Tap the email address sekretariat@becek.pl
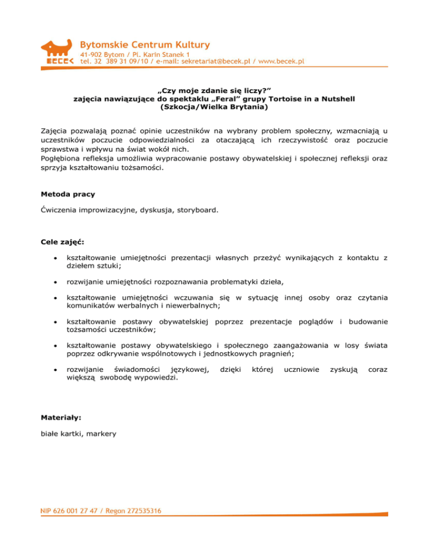coord(216,62)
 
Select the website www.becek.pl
coord(282,62)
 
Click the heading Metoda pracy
coord(68,195)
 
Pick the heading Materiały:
coord(61,417)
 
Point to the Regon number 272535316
coord(142,511)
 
